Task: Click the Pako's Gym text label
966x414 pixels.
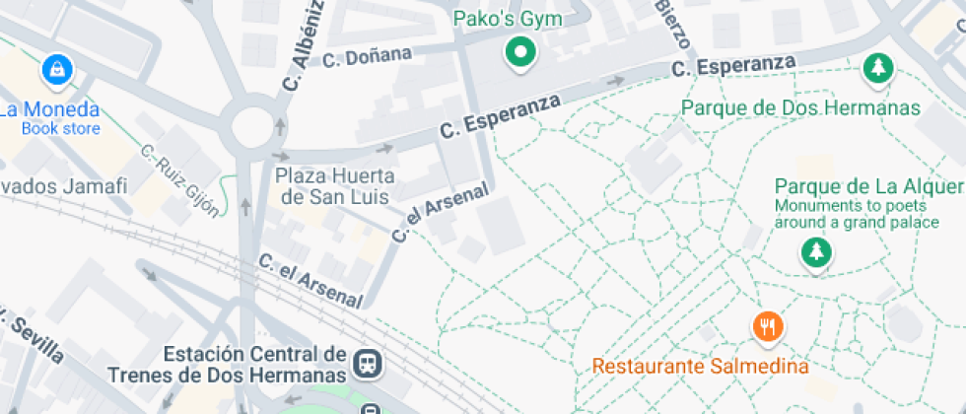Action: (507, 20)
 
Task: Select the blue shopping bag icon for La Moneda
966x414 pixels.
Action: (58, 70)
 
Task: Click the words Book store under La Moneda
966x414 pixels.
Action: (61, 128)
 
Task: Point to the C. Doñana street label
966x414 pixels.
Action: (367, 57)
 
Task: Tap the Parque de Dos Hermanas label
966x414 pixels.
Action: (800, 107)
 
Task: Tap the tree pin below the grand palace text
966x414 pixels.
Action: (814, 254)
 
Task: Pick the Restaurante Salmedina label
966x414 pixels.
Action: (700, 367)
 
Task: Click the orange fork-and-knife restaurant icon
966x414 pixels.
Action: (767, 327)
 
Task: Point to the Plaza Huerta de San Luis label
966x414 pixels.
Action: (335, 185)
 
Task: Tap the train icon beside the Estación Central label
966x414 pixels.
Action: (369, 365)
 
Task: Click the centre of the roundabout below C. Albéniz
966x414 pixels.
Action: (251, 124)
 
